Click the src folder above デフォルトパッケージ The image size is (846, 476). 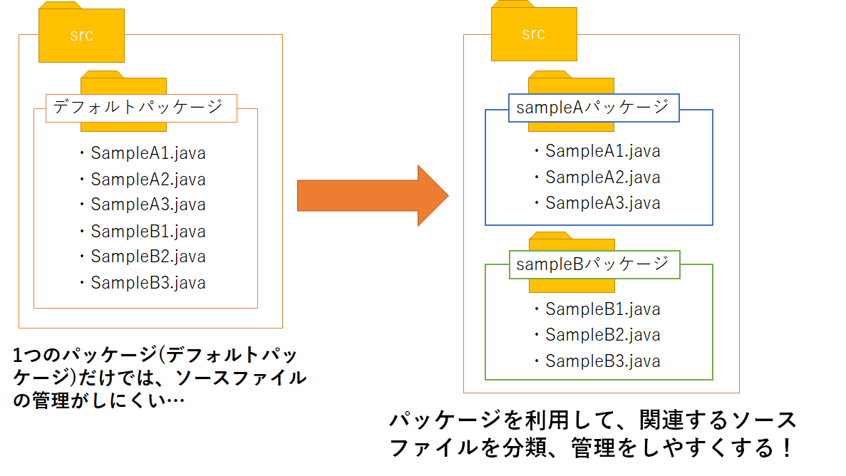click(81, 36)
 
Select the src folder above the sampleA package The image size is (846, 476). click(533, 33)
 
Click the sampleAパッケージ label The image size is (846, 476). click(593, 107)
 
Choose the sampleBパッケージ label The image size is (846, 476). click(593, 264)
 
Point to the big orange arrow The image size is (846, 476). click(372, 195)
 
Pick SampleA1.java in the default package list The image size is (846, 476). click(148, 153)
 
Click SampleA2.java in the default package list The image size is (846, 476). click(148, 179)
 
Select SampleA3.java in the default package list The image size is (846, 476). click(148, 205)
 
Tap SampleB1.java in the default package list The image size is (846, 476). click(148, 231)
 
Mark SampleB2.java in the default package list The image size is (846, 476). click(148, 257)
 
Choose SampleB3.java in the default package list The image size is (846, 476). click(148, 282)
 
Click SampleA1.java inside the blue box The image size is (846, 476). click(602, 151)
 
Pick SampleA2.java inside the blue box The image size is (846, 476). click(602, 177)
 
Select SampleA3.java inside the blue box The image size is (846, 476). click(602, 203)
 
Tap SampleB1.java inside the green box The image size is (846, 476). click(602, 309)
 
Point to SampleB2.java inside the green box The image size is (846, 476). click(602, 335)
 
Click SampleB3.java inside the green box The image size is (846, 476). click(602, 361)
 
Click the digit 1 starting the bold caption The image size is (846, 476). click(19, 354)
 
